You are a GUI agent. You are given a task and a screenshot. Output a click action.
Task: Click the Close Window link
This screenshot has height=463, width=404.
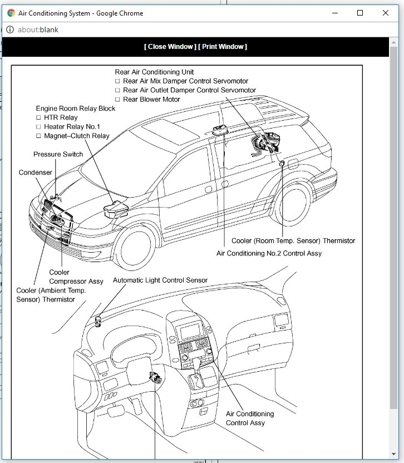(170, 47)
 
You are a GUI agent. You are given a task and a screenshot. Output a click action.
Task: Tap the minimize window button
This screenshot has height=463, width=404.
(334, 13)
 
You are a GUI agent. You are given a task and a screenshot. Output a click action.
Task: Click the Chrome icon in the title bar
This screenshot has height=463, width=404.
(11, 13)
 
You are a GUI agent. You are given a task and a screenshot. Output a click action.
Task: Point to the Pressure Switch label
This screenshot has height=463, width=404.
(58, 154)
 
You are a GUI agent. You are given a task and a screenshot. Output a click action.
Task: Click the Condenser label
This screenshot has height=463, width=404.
(36, 173)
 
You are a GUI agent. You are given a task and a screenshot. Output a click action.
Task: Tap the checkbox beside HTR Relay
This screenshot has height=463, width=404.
(39, 118)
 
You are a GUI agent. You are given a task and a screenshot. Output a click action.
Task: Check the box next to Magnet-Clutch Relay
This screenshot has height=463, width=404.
(39, 136)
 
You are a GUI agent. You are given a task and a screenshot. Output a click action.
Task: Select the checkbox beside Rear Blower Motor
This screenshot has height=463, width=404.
(117, 100)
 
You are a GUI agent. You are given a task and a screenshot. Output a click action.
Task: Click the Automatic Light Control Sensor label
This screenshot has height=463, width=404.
(160, 280)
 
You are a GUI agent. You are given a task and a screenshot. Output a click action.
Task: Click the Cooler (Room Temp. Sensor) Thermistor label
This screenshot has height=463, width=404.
(293, 241)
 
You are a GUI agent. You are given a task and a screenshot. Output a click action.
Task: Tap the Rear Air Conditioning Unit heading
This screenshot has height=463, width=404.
(154, 72)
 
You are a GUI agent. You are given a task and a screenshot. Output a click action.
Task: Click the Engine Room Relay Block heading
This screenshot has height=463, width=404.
(76, 109)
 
